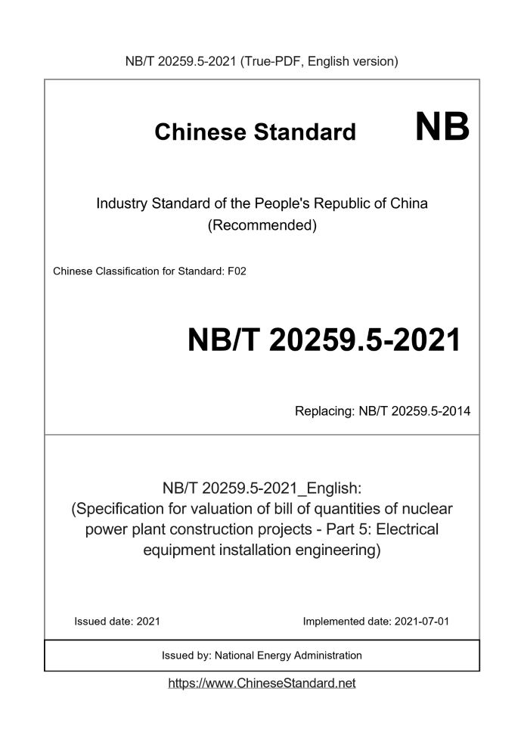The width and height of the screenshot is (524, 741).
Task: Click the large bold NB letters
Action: (x=442, y=129)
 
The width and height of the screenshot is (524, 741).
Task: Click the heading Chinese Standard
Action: (x=255, y=132)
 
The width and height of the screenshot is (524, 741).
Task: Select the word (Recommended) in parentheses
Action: (x=262, y=225)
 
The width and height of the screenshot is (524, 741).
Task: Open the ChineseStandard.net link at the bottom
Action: (x=262, y=683)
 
